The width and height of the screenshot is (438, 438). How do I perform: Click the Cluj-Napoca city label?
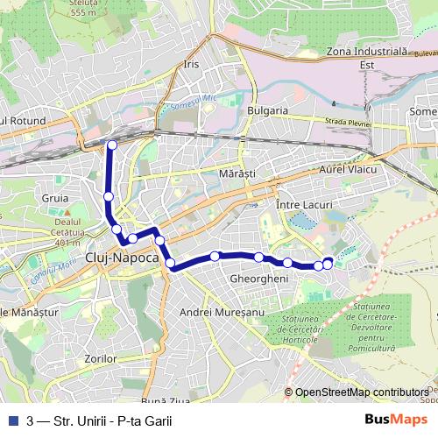[123, 258]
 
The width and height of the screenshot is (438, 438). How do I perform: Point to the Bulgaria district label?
[268, 110]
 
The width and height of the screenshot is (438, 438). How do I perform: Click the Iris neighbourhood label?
[193, 65]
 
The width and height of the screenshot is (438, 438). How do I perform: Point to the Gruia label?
[54, 198]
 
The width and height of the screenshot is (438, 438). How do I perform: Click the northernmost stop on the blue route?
[112, 145]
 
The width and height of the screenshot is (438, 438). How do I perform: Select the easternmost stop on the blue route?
[328, 262]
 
